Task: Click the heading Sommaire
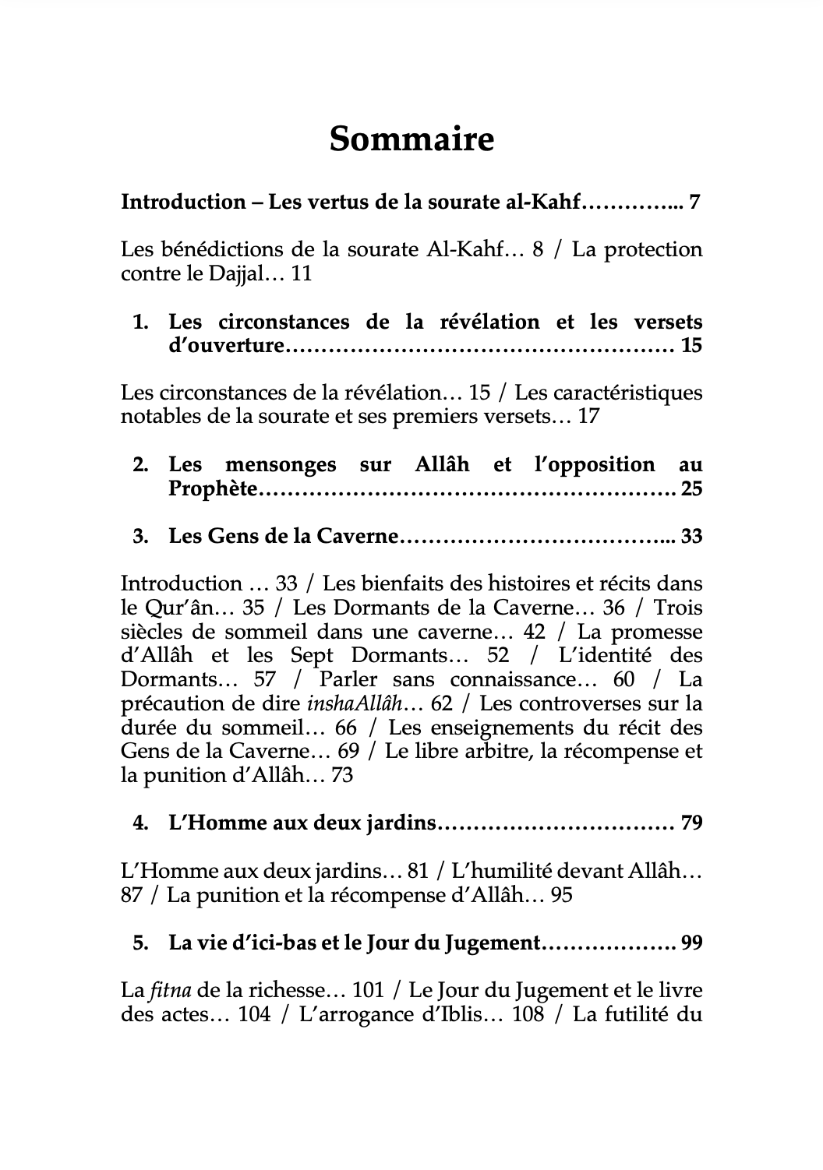pyautogui.click(x=411, y=140)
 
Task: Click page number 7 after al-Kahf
pyautogui.click(x=695, y=203)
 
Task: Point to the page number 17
pyautogui.click(x=588, y=416)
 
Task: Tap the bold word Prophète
pyautogui.click(x=212, y=489)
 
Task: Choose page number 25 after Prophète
pyautogui.click(x=691, y=489)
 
